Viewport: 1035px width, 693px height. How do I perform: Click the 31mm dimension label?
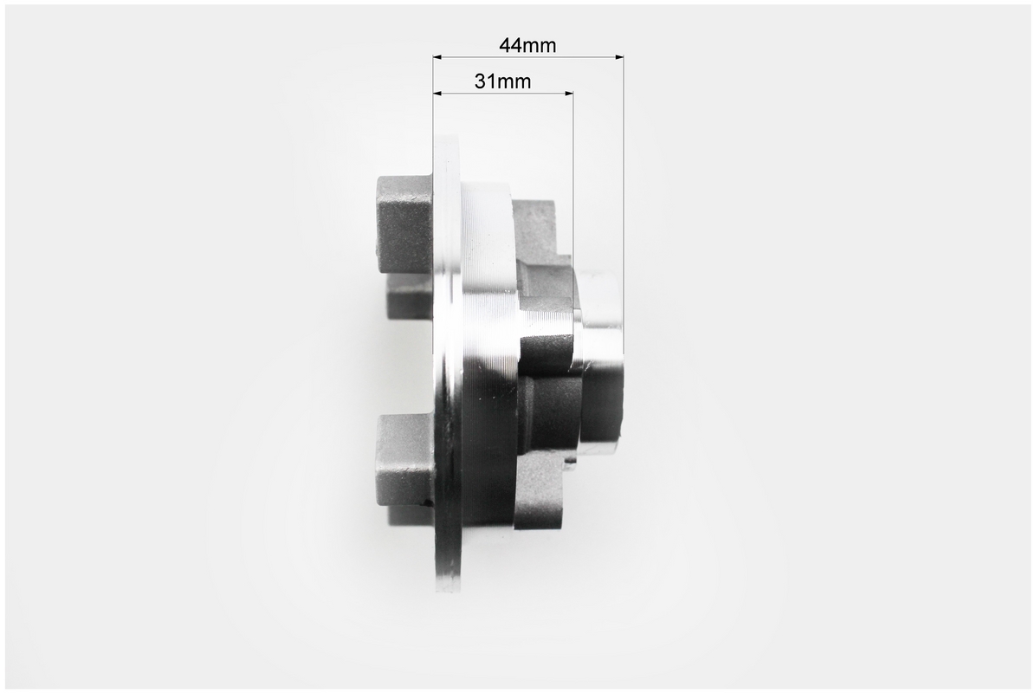tap(502, 81)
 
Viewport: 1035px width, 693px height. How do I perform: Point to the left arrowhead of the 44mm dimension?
tap(437, 57)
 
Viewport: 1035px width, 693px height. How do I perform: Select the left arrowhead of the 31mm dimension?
tap(437, 93)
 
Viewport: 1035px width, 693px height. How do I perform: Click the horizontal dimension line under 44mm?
tap(528, 57)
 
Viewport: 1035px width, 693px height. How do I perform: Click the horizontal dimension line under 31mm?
tap(503, 93)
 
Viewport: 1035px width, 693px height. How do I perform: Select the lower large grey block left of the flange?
tap(405, 459)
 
